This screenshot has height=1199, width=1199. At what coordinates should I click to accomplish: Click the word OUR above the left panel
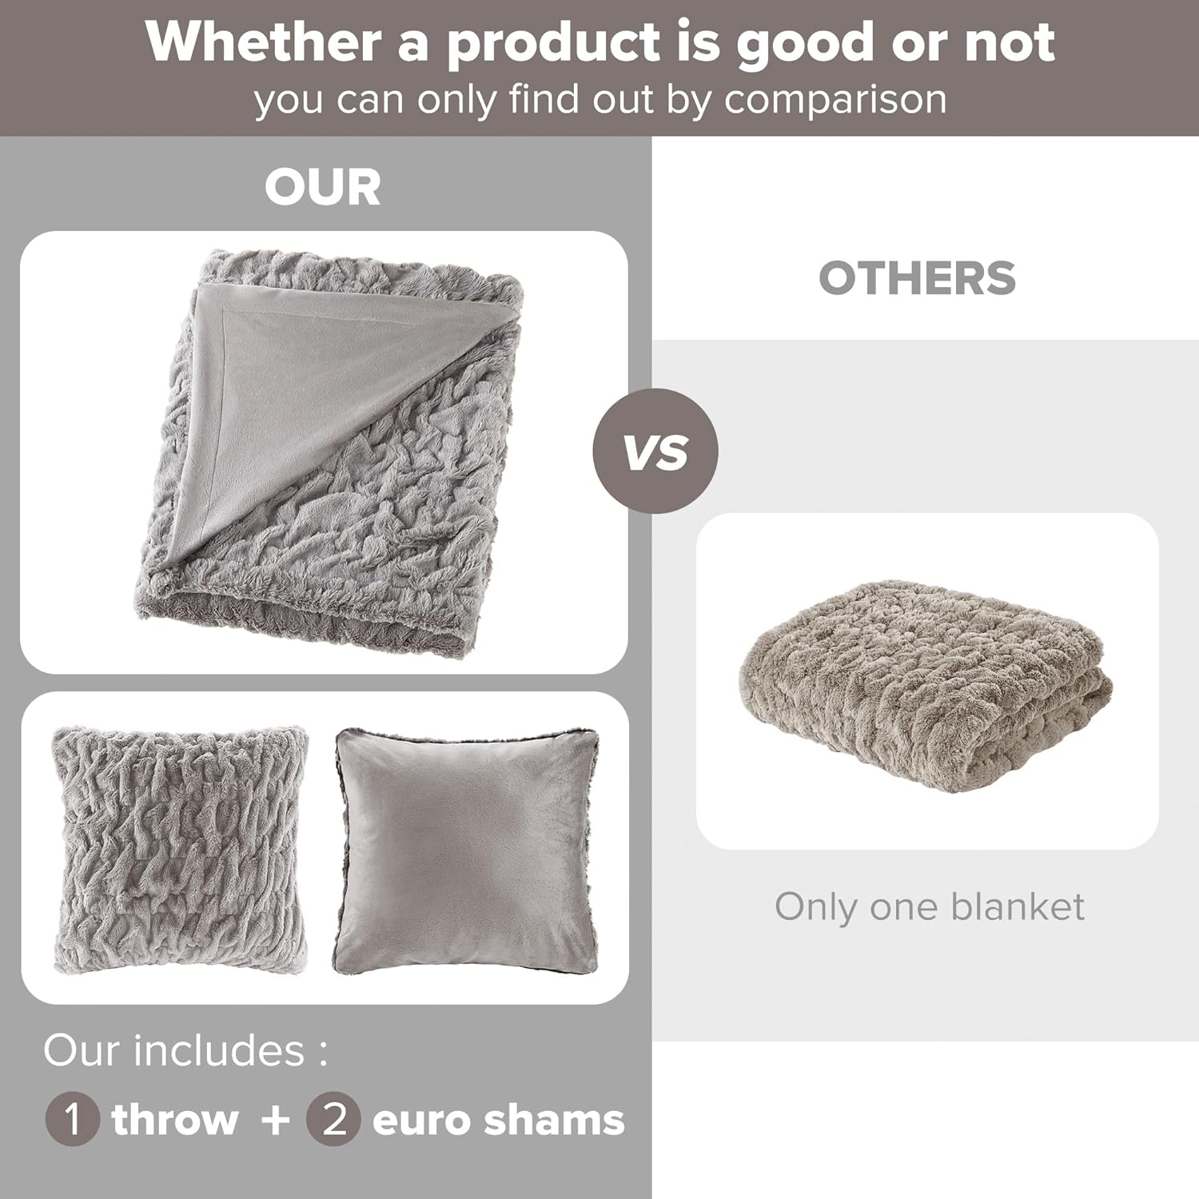pyautogui.click(x=323, y=188)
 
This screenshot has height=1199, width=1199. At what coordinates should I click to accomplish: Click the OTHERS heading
pyautogui.click(x=917, y=278)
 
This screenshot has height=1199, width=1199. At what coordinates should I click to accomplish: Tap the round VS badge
pyautogui.click(x=655, y=452)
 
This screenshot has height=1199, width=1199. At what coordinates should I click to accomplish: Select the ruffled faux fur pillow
pyautogui.click(x=180, y=849)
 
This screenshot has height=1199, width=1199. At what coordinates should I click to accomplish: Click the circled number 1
pyautogui.click(x=73, y=1119)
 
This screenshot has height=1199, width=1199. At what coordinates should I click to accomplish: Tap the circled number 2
pyautogui.click(x=334, y=1119)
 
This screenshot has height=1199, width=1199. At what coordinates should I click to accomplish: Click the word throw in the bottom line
pyautogui.click(x=175, y=1119)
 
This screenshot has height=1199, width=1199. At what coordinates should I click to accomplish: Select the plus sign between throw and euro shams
pyautogui.click(x=275, y=1119)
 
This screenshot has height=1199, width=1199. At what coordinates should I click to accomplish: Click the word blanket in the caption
pyautogui.click(x=1018, y=907)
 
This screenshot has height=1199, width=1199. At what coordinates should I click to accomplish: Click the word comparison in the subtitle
pyautogui.click(x=835, y=101)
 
